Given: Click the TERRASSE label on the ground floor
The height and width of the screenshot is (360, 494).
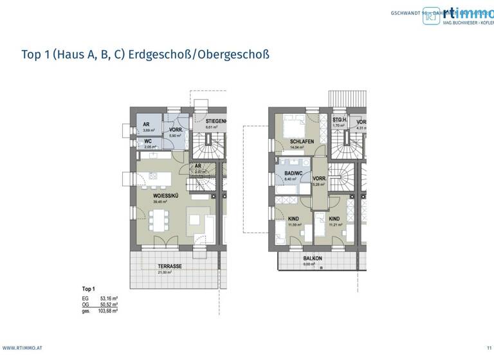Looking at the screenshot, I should [x=170, y=265].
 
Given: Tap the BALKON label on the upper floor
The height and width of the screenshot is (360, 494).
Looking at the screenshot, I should [x=313, y=258].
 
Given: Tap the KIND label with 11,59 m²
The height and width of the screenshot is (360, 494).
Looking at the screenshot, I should [x=294, y=219].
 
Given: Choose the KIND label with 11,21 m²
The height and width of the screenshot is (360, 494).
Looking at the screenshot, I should [x=334, y=219].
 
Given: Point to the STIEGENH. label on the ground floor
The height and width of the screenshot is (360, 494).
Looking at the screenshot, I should [x=216, y=122].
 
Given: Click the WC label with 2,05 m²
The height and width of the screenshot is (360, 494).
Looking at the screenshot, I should [x=148, y=141].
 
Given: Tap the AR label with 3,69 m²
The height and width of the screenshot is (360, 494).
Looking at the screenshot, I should [x=147, y=125].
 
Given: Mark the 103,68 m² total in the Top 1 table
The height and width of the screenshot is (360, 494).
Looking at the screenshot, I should [x=109, y=310].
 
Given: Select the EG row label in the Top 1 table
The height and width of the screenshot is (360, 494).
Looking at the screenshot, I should [x=86, y=299].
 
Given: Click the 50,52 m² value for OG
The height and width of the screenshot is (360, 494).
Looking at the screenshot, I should [x=109, y=305].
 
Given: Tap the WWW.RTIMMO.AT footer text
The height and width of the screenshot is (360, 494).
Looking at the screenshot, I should [x=23, y=348].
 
